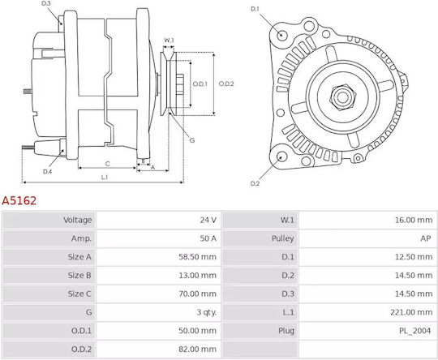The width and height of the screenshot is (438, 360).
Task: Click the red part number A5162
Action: (19, 201)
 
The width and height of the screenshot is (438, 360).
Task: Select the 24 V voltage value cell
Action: (208, 220)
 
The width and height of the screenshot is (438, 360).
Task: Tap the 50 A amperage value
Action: (208, 238)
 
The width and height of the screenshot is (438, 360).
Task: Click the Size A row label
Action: (79, 257)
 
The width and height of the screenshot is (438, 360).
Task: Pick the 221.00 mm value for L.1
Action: (411, 312)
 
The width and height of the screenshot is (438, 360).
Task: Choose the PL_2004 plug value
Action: (414, 331)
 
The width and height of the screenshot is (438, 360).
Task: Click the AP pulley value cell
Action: (426, 238)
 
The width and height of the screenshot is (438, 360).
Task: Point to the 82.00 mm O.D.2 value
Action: (197, 349)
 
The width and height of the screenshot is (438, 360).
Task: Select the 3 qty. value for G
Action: (207, 312)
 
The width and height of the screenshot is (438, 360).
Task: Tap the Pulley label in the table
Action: (283, 238)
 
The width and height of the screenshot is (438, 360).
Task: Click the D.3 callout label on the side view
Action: (46, 3)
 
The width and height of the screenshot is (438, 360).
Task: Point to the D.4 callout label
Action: (48, 172)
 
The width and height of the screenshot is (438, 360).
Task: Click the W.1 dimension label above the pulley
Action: (169, 41)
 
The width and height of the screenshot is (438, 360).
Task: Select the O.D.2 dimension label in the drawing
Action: (226, 84)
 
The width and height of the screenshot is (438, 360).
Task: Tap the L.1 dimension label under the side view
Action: (105, 177)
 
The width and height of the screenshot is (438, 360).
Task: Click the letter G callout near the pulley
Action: (192, 140)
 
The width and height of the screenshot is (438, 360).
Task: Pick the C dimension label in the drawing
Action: (108, 164)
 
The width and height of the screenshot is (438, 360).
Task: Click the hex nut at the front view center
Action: (343, 97)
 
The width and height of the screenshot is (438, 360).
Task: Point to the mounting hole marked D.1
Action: (282, 35)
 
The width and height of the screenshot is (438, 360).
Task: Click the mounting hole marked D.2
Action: (281, 156)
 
